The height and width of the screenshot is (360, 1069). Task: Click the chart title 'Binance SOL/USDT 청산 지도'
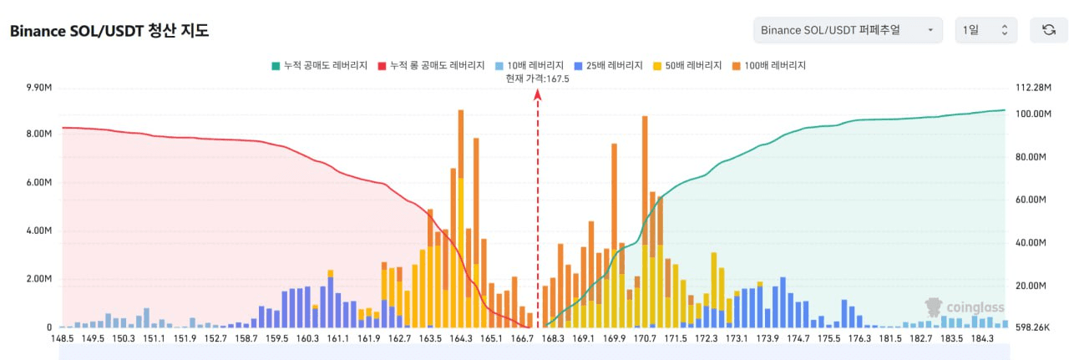(x=109, y=32)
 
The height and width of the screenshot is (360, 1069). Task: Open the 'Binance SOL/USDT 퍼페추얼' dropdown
(x=847, y=30)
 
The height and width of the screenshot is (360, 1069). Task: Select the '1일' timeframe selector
(x=985, y=30)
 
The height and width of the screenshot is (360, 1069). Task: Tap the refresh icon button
(x=1048, y=30)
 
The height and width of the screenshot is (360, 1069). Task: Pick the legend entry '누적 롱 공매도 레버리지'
(x=431, y=65)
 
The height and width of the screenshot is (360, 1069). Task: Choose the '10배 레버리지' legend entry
(x=529, y=65)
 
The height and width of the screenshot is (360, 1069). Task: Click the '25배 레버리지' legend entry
(x=608, y=65)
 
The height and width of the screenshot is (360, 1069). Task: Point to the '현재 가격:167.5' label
(x=537, y=79)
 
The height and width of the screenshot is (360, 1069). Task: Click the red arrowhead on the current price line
(x=538, y=95)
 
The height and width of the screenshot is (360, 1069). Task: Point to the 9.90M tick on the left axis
(x=40, y=88)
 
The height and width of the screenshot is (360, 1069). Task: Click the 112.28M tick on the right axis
(x=1031, y=88)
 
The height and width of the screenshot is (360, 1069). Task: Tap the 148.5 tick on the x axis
(x=62, y=339)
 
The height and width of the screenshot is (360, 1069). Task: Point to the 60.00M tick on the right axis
(x=1031, y=200)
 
